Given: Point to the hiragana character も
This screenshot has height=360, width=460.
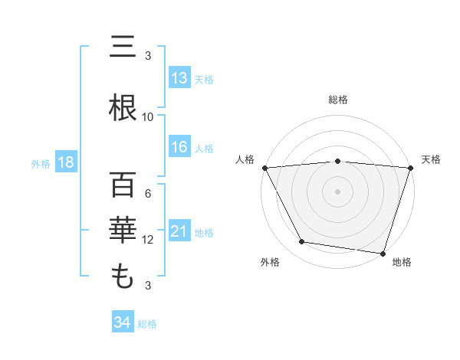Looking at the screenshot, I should [123, 277].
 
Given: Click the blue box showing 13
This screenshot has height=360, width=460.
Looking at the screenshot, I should [179, 78].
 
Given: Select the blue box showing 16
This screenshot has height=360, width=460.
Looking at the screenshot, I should [179, 148].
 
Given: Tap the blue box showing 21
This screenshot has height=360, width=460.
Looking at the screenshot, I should [179, 231].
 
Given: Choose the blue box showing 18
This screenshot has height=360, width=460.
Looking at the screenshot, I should [64, 162].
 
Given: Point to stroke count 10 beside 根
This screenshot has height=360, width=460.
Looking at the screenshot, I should [148, 117].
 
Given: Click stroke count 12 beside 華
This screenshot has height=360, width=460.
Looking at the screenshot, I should [148, 240].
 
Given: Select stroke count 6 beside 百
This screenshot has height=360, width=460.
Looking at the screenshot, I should [148, 193].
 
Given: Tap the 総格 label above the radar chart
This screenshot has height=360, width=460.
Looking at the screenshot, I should [338, 100].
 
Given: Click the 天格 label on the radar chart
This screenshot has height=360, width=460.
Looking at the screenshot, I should [432, 159].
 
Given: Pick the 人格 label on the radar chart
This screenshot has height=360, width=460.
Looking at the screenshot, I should [245, 159].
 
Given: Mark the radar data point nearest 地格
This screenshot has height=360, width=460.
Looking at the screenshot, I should [383, 253].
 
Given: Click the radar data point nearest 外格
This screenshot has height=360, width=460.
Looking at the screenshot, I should [302, 242].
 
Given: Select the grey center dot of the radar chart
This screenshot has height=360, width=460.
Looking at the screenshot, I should [338, 191].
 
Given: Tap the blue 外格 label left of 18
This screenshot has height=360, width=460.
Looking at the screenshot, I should [40, 163].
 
